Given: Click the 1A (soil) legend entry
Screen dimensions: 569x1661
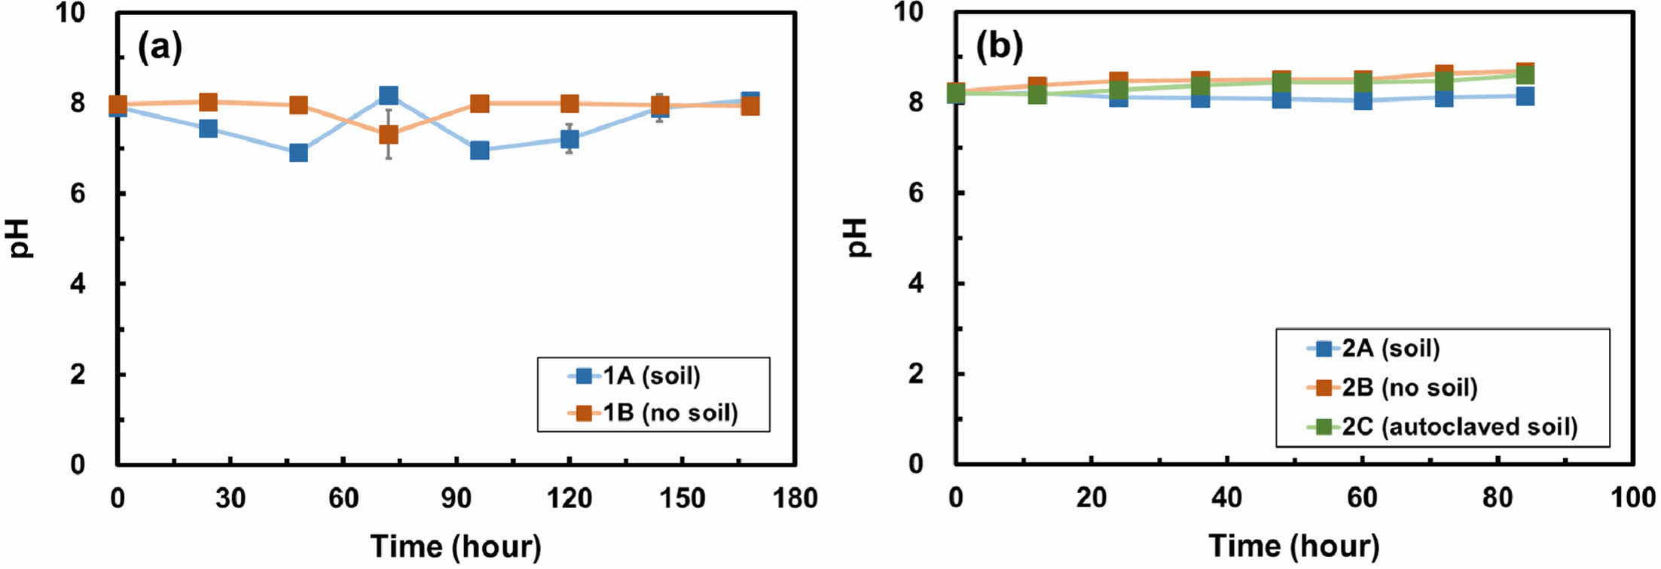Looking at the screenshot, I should [652, 376].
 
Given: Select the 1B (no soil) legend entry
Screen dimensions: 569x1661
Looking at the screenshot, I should [670, 412].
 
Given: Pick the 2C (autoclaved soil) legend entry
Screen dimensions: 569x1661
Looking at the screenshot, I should [1459, 427].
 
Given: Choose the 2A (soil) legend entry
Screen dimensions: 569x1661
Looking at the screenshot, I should [1391, 348].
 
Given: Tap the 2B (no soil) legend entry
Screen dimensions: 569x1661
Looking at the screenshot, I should [1409, 388].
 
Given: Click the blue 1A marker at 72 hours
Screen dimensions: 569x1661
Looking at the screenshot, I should [389, 96].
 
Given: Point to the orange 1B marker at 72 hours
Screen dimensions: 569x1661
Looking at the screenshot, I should [389, 135].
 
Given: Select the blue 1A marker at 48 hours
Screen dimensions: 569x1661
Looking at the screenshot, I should [298, 153].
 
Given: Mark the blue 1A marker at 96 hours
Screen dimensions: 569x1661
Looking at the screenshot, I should [479, 151].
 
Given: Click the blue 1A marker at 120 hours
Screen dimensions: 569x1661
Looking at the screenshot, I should [569, 139].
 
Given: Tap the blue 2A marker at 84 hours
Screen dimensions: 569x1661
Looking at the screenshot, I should [1525, 96].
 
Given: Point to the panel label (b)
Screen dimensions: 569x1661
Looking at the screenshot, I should [999, 47].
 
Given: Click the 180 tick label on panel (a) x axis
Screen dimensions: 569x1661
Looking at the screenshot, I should [795, 498].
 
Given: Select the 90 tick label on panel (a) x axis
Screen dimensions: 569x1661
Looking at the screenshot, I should [456, 498].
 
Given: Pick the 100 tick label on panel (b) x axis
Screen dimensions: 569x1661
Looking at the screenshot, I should [1632, 497].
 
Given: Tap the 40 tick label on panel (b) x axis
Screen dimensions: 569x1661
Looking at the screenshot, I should [1226, 497].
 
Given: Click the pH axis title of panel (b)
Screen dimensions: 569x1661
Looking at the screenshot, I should [857, 238].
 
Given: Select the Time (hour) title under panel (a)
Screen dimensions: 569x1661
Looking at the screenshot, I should [456, 546].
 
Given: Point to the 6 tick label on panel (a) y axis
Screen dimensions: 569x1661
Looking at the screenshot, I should [78, 193].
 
